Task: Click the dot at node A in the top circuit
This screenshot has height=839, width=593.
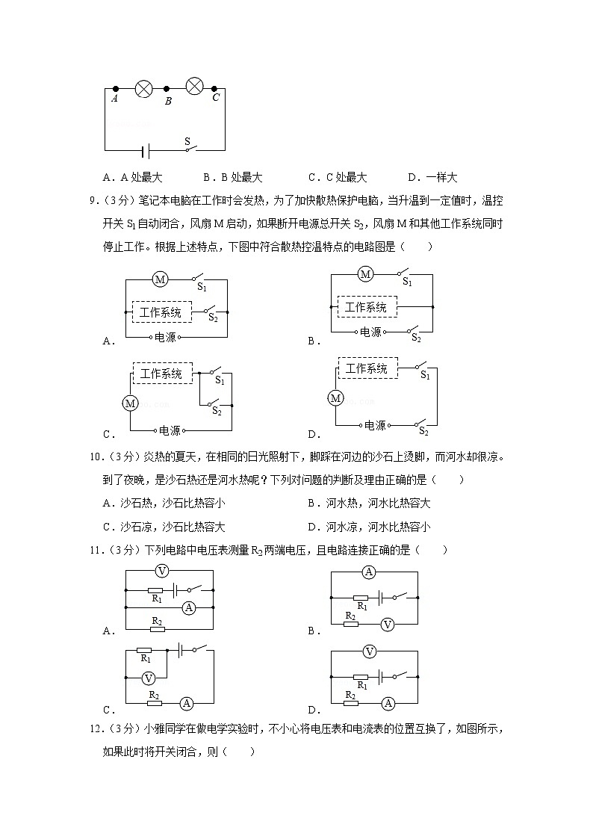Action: (115, 88)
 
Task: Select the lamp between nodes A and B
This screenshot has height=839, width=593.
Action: (143, 89)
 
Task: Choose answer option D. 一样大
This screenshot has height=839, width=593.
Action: (432, 177)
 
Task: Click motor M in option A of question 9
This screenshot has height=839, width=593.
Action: (159, 279)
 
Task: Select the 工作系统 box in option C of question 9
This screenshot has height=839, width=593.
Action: (161, 373)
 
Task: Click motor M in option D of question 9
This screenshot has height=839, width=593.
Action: (336, 398)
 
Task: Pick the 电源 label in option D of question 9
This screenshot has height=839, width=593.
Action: (375, 425)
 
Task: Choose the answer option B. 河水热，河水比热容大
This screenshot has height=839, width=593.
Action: (370, 503)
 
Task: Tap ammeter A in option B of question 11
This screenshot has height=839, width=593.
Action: (367, 572)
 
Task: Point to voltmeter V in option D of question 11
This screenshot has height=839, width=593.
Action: (368, 652)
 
